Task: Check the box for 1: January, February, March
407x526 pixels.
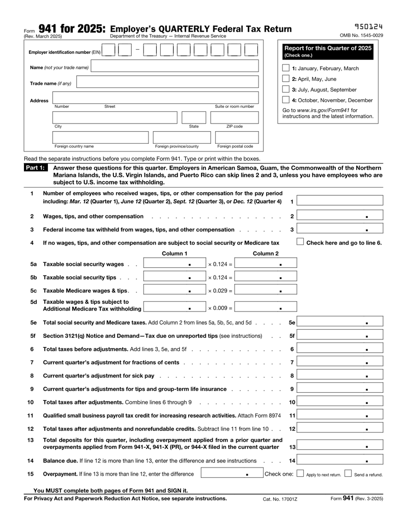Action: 286,69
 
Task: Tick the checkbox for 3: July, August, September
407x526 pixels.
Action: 286,89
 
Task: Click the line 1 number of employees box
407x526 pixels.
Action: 340,201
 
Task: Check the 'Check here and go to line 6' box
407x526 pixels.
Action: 300,242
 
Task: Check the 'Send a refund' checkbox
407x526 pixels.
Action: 348,474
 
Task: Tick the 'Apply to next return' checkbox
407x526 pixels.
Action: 300,474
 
